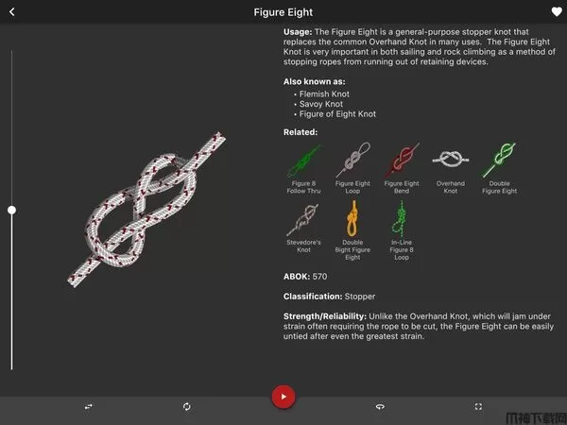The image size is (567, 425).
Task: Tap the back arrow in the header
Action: [12, 12]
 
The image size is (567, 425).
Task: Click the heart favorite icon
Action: [557, 11]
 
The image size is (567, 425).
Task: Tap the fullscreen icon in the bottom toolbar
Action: [478, 406]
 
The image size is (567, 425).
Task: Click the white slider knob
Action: [12, 210]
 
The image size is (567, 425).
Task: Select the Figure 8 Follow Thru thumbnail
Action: [303, 161]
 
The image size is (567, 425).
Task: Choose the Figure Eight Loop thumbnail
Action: [352, 160]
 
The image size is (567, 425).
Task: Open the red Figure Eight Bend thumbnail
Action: [402, 160]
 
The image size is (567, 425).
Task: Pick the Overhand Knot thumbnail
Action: [451, 160]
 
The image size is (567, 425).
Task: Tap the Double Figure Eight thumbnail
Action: [499, 160]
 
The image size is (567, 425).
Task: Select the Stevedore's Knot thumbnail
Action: [303, 220]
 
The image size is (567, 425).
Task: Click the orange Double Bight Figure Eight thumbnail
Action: [352, 218]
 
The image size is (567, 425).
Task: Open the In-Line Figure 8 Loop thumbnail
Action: [401, 218]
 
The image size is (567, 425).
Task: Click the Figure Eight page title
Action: [283, 12]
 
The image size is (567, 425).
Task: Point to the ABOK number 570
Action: [319, 277]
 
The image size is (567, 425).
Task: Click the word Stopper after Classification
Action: [360, 297]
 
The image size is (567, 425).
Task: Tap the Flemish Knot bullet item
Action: [324, 93]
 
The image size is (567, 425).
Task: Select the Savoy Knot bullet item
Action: [321, 104]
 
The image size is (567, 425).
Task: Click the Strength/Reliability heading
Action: [325, 316]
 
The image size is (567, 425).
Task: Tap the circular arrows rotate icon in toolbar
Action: [186, 406]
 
